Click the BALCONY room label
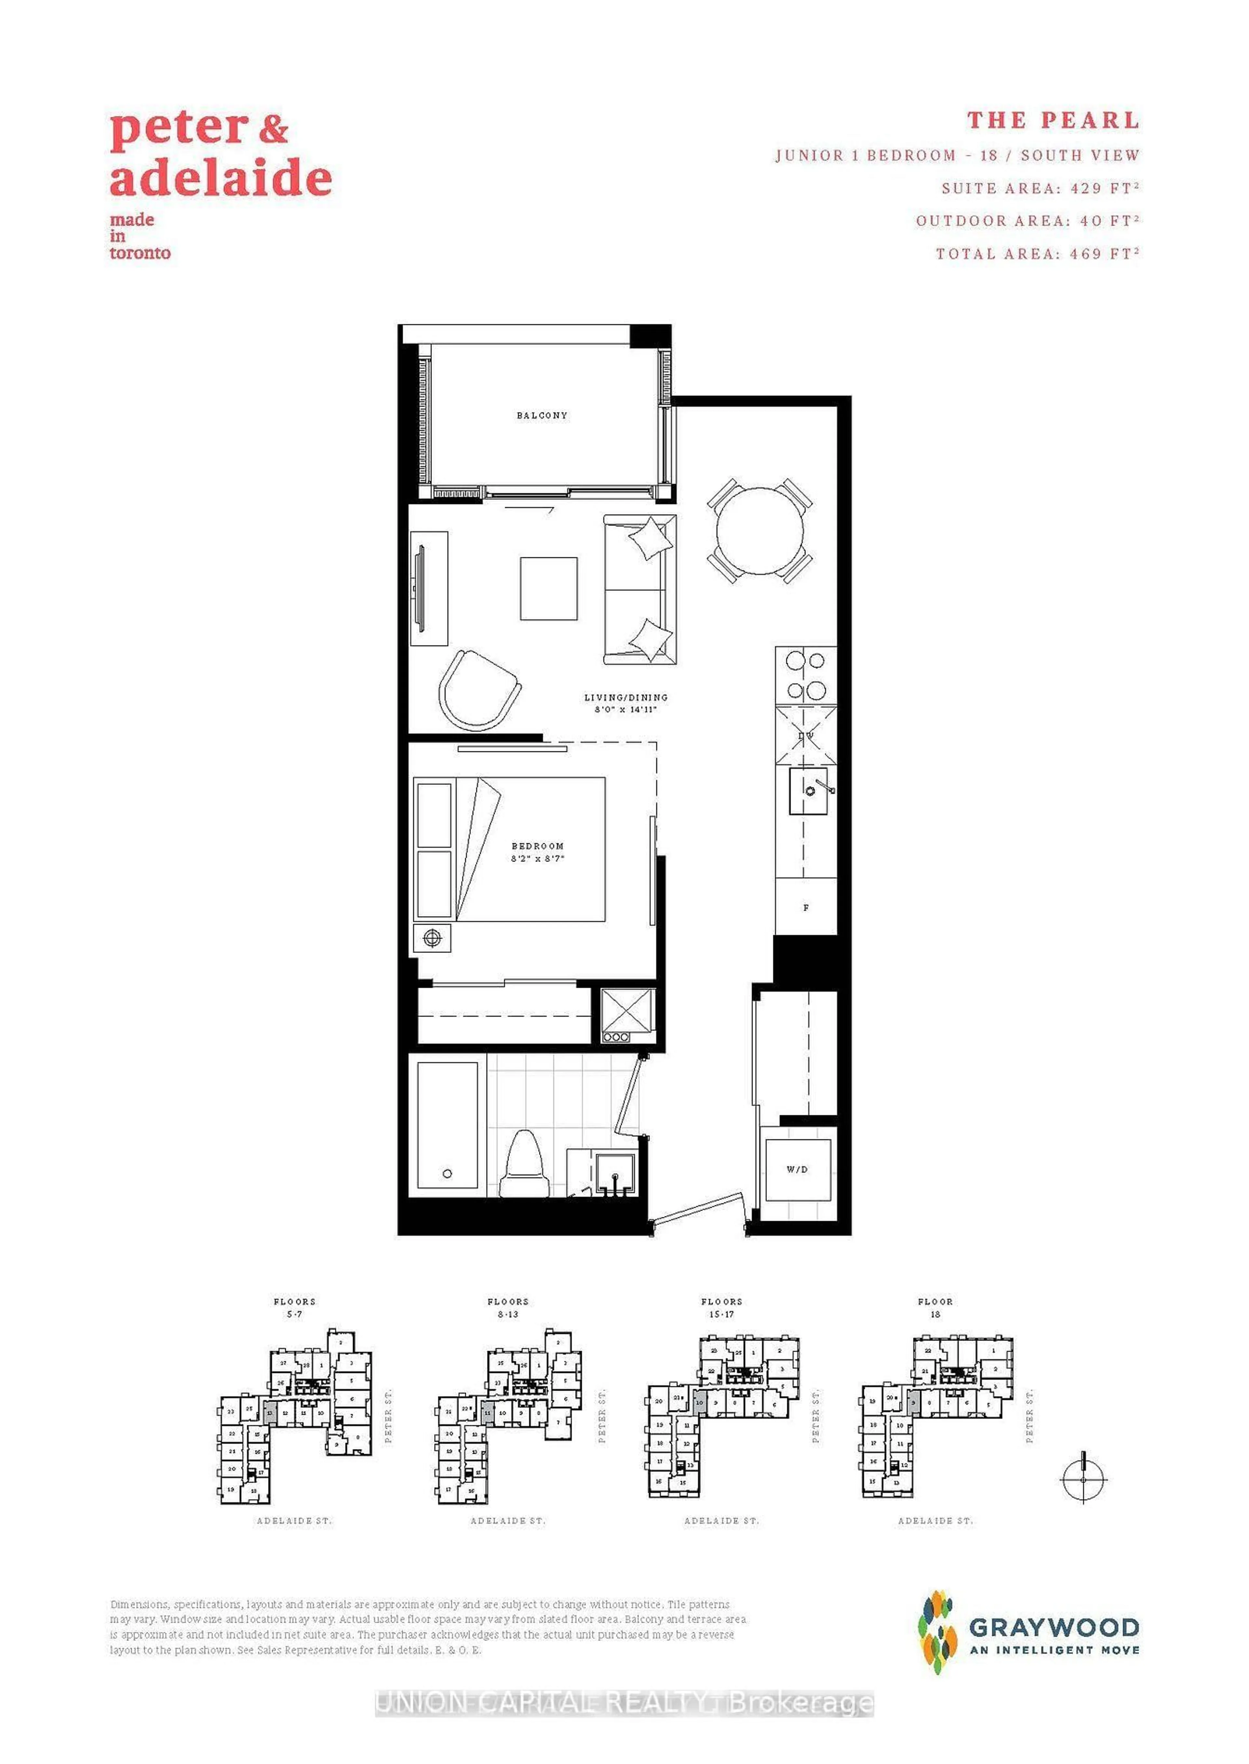click(542, 416)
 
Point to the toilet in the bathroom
click(523, 1163)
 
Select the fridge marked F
click(805, 908)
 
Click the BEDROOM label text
click(538, 846)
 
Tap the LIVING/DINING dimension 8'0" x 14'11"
click(625, 709)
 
